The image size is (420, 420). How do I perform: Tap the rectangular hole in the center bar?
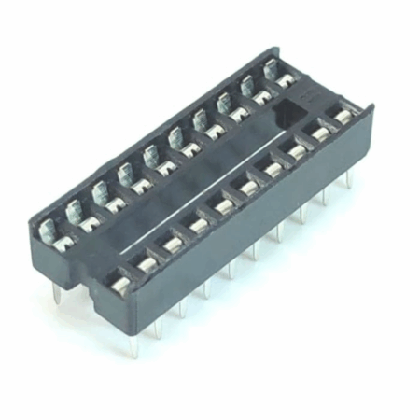click(x=288, y=113)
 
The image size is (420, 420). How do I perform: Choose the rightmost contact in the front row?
click(x=343, y=118)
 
